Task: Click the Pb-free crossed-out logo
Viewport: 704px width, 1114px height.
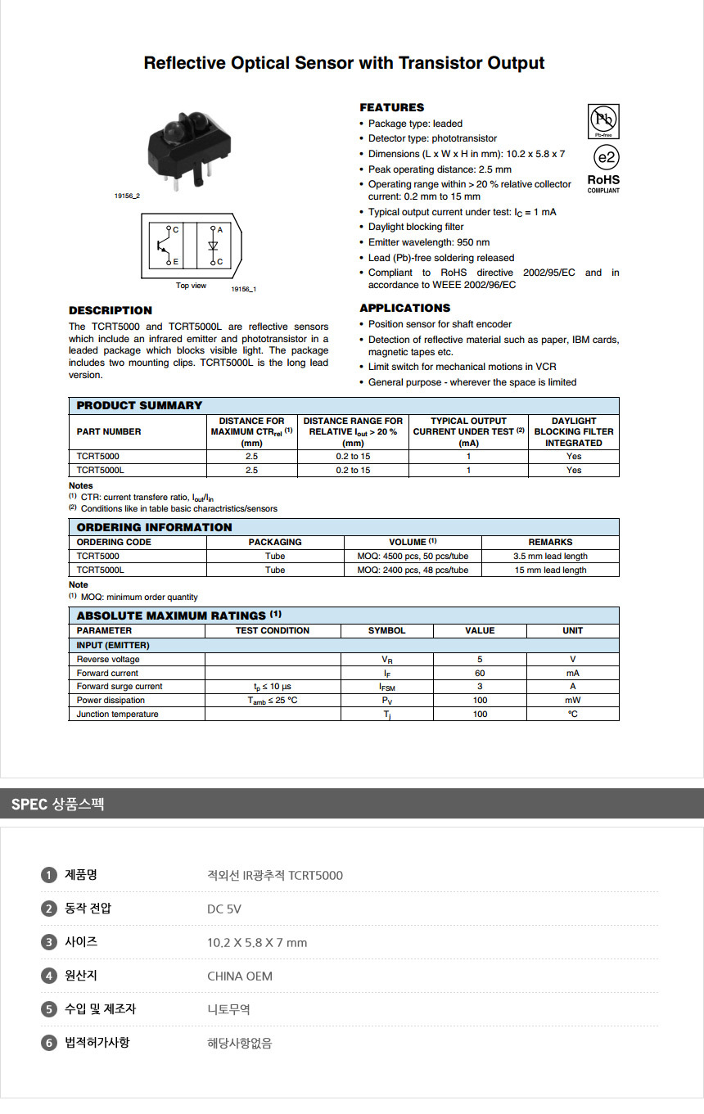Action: point(603,121)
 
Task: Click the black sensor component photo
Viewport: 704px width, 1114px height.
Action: point(181,151)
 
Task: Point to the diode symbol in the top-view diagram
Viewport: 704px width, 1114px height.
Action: point(213,246)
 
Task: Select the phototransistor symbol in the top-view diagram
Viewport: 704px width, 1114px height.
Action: point(164,246)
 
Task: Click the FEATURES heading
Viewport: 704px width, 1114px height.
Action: point(391,107)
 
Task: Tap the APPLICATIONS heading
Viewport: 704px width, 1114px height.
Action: point(404,308)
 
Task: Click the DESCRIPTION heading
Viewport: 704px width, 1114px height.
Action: point(111,310)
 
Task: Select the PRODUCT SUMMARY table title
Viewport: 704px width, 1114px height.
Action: point(139,405)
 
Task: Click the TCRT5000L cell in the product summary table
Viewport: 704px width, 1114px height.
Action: point(101,470)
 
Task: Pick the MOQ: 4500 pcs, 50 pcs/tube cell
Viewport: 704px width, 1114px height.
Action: point(413,556)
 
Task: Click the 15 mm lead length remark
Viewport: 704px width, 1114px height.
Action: point(550,570)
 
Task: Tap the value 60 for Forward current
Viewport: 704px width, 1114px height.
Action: point(480,673)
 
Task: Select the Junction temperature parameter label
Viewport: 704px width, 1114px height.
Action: point(118,714)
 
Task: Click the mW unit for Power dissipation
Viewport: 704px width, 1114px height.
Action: point(572,700)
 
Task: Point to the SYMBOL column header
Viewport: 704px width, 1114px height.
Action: point(386,630)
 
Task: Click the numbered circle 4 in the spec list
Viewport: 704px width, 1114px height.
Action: point(49,976)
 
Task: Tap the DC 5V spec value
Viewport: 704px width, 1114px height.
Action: point(224,909)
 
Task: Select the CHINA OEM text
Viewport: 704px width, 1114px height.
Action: point(240,976)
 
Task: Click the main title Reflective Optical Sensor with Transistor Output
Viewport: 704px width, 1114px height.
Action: point(344,63)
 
